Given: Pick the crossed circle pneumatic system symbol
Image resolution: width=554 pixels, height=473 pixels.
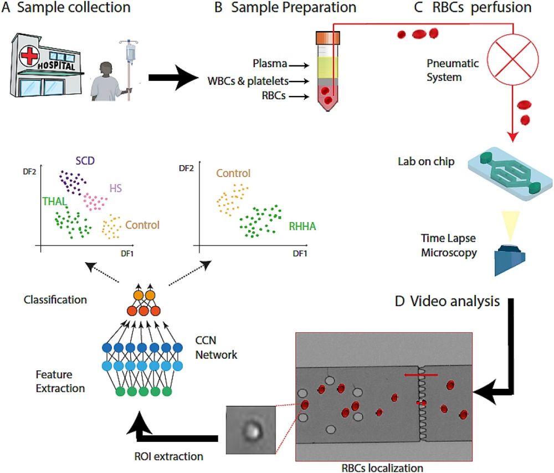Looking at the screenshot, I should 507,59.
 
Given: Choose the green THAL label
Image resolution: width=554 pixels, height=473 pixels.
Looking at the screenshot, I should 51,203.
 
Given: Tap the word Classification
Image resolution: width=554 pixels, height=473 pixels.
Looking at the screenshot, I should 55,300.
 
